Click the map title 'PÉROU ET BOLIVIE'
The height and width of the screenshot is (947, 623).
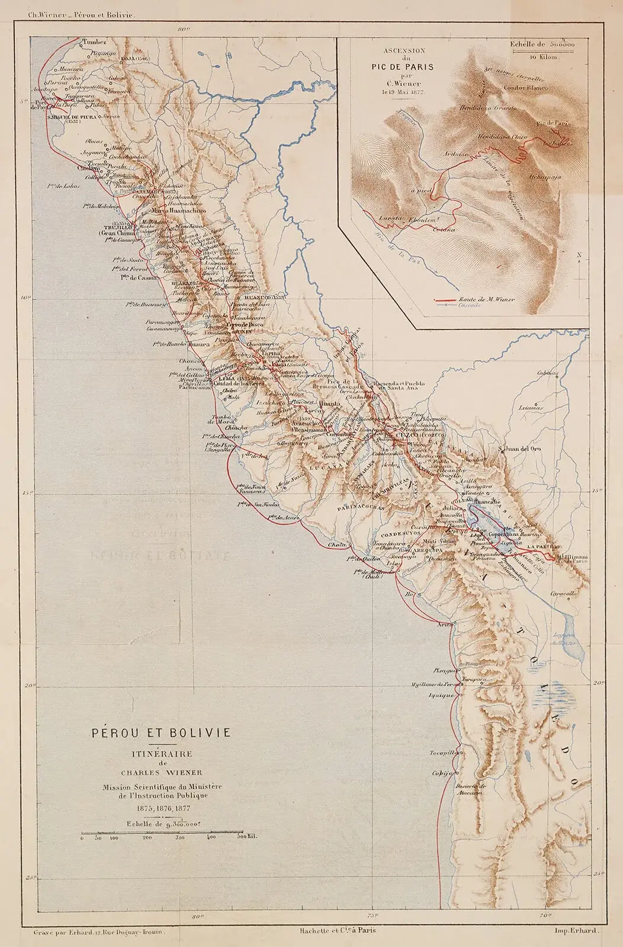[x=161, y=732]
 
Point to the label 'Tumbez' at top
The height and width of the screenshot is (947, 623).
[x=95, y=42]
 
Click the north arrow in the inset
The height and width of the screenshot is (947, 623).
[x=580, y=273]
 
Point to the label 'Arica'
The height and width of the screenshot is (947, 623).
[x=445, y=625]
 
